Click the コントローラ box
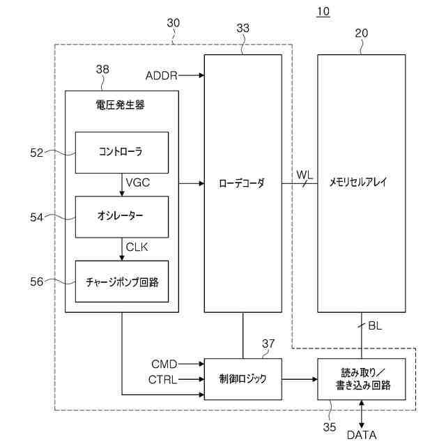point(121,152)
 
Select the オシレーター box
point(121,217)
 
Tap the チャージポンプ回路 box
point(121,280)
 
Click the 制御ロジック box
point(243,379)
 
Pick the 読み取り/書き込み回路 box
point(361,379)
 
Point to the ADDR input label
point(162,75)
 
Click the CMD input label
point(164,364)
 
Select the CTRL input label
point(162,380)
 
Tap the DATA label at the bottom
point(362,435)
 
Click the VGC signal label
point(138,183)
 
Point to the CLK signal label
point(137,247)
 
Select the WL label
point(305,174)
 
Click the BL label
point(375,325)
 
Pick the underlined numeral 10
point(323,12)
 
